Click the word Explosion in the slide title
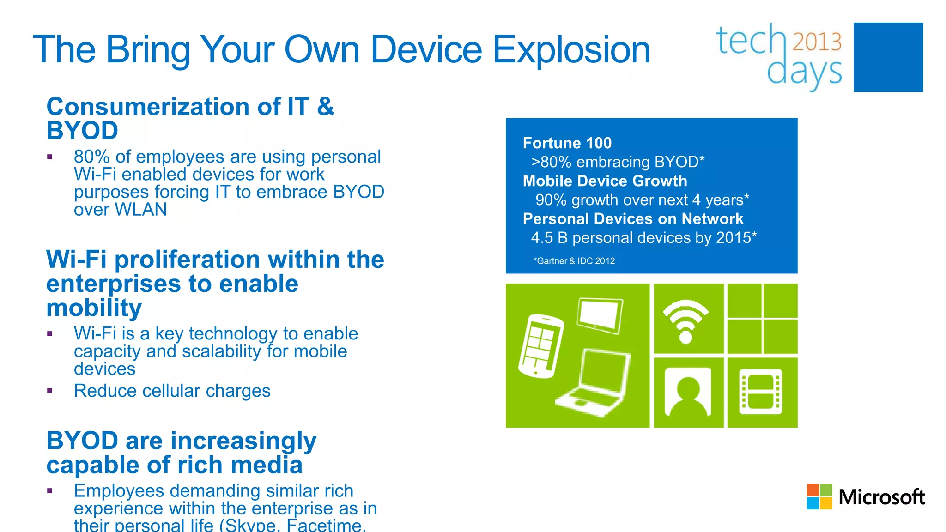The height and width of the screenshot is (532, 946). [571, 50]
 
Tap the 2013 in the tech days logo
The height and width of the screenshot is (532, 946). [817, 42]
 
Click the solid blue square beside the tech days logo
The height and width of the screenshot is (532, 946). [888, 57]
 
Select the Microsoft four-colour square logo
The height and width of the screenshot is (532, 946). [819, 497]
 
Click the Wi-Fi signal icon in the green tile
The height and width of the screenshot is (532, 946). [686, 320]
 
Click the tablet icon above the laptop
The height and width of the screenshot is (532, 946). [600, 315]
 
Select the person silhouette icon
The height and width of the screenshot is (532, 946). [688, 392]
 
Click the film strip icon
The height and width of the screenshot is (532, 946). [761, 392]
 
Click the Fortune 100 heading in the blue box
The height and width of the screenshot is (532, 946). [567, 143]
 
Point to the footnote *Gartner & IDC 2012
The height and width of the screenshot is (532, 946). [574, 261]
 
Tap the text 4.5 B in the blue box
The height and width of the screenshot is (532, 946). [549, 238]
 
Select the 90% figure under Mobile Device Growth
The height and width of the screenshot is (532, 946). [551, 200]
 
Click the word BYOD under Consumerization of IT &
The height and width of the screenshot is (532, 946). [82, 131]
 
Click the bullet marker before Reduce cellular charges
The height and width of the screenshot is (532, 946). [50, 391]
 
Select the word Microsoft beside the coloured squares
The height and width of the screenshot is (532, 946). [881, 497]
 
